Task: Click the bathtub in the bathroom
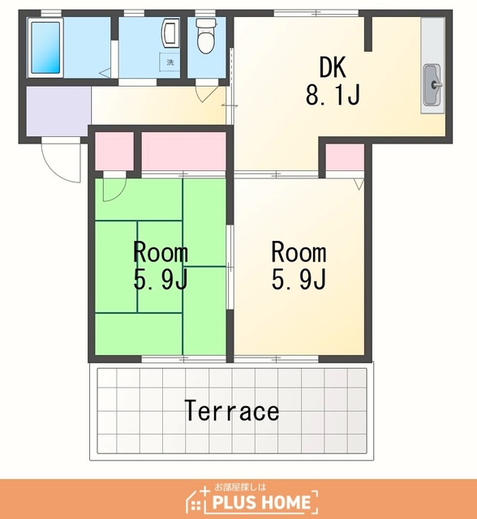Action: (45, 48)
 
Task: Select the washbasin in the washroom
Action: (170, 32)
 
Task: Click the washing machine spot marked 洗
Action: (170, 62)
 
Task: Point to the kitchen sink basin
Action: (432, 84)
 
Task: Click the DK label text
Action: (333, 67)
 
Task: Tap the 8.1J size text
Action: (333, 95)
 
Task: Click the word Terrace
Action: (232, 411)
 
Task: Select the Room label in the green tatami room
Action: (161, 252)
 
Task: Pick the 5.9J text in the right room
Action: (299, 279)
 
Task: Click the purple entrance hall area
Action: (58, 111)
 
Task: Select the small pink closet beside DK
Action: (345, 157)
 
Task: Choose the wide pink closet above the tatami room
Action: (183, 152)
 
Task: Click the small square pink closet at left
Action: (114, 152)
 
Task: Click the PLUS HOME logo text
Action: (261, 502)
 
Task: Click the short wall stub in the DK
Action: (368, 34)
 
